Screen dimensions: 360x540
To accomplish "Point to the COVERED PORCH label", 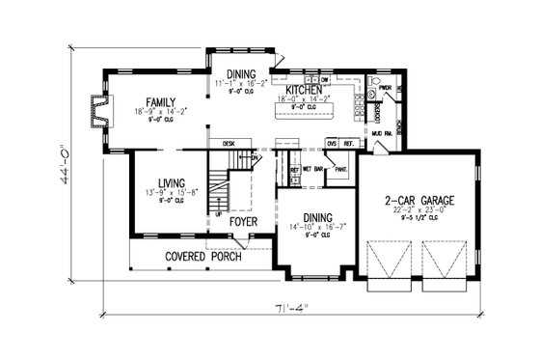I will pos(201,257).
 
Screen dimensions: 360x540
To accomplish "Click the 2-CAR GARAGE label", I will pos(419,200).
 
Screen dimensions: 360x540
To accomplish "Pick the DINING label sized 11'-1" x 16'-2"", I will pos(242,74).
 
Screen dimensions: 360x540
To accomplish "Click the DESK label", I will pos(229,143).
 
